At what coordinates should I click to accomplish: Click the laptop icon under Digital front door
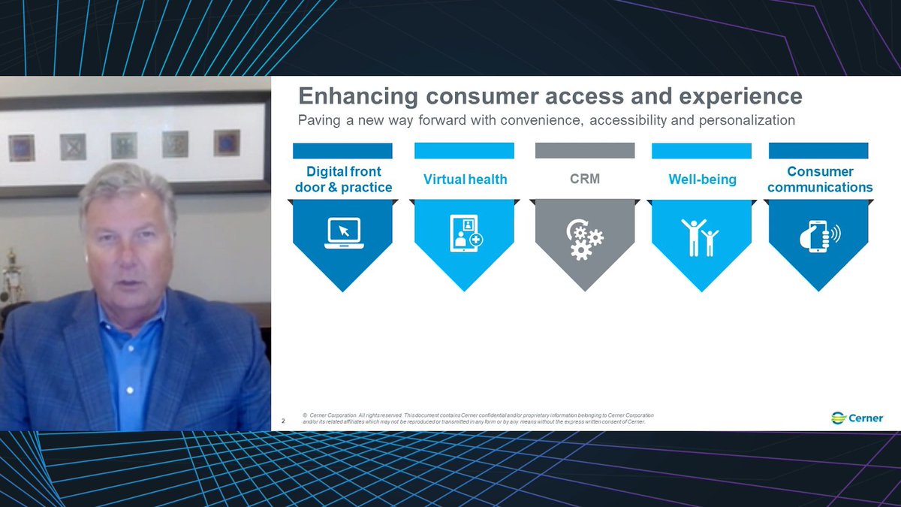point(342,233)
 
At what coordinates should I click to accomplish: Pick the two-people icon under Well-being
point(700,237)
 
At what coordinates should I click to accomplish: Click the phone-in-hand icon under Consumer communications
point(819,234)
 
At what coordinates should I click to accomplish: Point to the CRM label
point(585,179)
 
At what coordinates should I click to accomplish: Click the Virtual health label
point(465,180)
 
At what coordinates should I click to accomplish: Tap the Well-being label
point(702,180)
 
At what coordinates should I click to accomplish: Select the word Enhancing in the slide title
point(358,97)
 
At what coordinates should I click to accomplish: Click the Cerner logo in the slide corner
point(857,418)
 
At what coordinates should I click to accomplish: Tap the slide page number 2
point(283,421)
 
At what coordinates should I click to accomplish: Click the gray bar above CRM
point(585,150)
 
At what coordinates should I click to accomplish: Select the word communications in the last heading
point(820,187)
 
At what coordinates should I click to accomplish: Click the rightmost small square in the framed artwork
point(226,143)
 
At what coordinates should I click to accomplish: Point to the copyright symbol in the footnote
point(304,415)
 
